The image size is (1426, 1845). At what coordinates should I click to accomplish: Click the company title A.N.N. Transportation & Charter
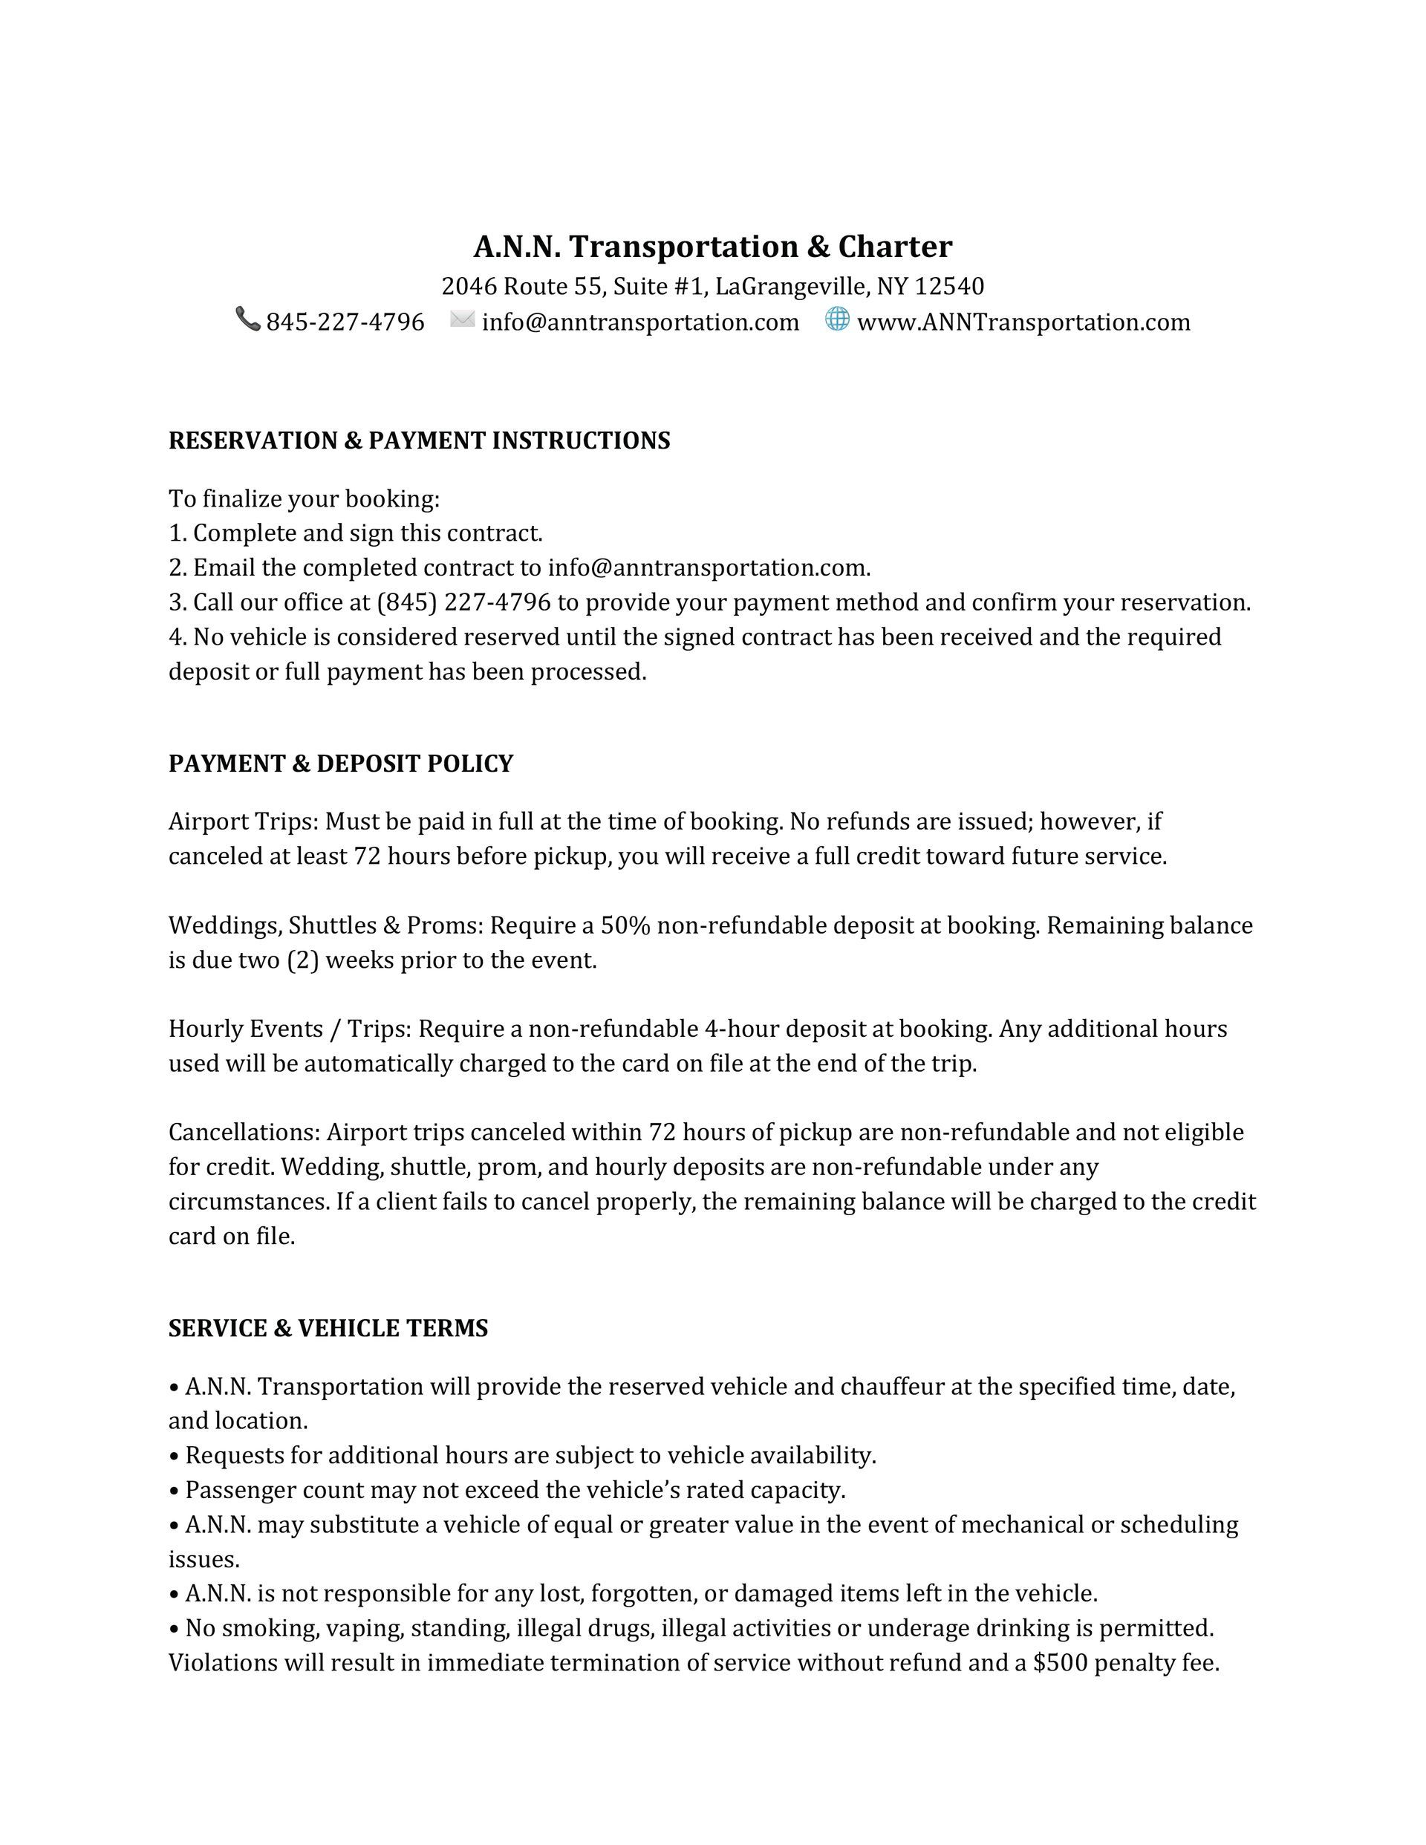712,247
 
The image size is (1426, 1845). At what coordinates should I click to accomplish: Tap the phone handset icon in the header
247,319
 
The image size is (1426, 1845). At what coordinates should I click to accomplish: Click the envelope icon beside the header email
462,319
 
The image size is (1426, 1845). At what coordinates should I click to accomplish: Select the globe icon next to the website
836,319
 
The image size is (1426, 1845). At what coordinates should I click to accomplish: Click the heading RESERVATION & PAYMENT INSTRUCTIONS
419,440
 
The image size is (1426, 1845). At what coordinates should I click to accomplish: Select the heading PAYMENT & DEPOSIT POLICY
340,763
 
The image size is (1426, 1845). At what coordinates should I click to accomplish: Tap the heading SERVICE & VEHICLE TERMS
328,1328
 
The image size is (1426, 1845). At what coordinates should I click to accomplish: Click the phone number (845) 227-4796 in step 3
463,602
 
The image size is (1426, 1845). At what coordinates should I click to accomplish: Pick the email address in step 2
708,567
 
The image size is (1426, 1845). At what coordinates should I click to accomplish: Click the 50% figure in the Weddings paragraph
625,926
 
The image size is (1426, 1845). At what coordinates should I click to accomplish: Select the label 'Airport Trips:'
244,822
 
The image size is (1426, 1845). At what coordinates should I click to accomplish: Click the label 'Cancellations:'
244,1132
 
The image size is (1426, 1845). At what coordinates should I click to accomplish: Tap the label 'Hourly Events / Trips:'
290,1029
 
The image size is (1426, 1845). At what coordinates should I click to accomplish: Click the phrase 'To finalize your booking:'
304,499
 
